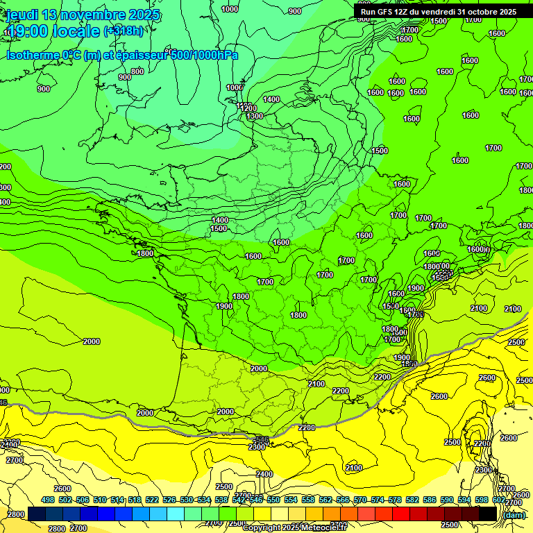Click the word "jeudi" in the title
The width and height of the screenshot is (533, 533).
pyautogui.click(x=23, y=15)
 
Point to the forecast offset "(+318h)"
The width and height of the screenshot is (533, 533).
pyautogui.click(x=124, y=31)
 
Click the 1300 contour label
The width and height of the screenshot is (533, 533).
pyautogui.click(x=255, y=117)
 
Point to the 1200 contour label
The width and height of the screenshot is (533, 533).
pyautogui.click(x=248, y=108)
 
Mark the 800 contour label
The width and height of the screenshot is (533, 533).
pyautogui.click(x=137, y=71)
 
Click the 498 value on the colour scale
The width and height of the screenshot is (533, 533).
pyautogui.click(x=48, y=500)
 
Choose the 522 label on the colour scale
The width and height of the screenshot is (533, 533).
pyautogui.click(x=152, y=500)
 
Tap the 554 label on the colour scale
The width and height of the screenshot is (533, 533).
pyautogui.click(x=291, y=500)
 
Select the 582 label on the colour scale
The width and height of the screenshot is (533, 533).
pyautogui.click(x=412, y=500)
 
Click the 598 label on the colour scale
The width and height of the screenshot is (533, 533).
pyautogui.click(x=482, y=500)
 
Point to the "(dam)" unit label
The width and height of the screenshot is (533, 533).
pyautogui.click(x=514, y=515)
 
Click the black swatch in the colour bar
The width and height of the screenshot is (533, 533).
pyautogui.click(x=487, y=514)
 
